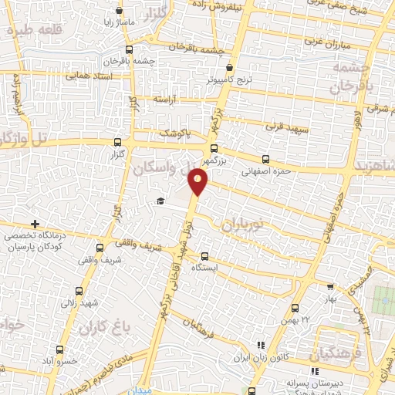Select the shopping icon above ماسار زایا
119,11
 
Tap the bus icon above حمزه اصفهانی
265,160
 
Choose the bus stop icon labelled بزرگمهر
214,149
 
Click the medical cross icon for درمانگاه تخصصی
35,224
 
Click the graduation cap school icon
160,201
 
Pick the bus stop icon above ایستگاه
204,256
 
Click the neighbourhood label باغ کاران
101,329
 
